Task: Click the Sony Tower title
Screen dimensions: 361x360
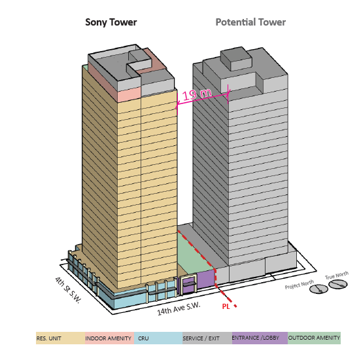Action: pyautogui.click(x=111, y=22)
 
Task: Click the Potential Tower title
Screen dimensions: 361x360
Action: pyautogui.click(x=250, y=22)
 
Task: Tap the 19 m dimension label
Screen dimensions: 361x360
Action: pyautogui.click(x=197, y=94)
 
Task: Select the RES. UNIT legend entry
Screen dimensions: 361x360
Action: pyautogui.click(x=49, y=338)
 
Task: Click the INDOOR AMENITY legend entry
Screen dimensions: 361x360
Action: pyautogui.click(x=108, y=338)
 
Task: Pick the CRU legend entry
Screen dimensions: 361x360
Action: pyautogui.click(x=143, y=338)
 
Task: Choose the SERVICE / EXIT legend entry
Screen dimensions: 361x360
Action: pyautogui.click(x=201, y=338)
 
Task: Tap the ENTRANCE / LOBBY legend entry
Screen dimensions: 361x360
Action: pyautogui.click(x=256, y=338)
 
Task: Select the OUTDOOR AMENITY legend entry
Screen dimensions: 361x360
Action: pyautogui.click(x=314, y=338)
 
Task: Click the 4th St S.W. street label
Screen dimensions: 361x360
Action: pyautogui.click(x=68, y=290)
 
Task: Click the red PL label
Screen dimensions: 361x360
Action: pyautogui.click(x=226, y=306)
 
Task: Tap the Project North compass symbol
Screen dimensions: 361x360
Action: pyautogui.click(x=318, y=289)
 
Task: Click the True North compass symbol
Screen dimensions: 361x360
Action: pyautogui.click(x=338, y=284)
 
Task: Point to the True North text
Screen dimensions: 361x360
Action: pyautogui.click(x=337, y=275)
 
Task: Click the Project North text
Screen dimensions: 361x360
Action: pyautogui.click(x=300, y=285)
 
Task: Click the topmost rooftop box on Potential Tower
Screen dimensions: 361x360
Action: pyautogui.click(x=236, y=59)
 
